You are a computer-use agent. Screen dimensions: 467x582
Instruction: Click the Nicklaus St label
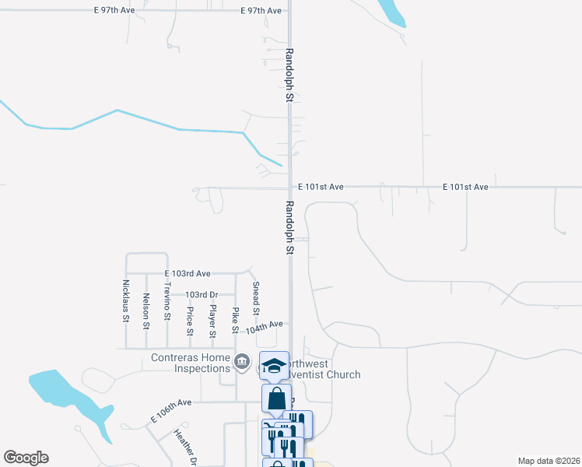pos(125,300)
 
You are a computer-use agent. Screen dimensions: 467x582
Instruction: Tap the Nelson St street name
pos(146,309)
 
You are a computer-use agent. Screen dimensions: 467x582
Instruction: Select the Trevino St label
pos(167,300)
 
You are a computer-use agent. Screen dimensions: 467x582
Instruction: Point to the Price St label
pos(190,321)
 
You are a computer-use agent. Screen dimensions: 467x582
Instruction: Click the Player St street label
pos(212,321)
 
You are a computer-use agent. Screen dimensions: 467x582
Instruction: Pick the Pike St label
pos(234,321)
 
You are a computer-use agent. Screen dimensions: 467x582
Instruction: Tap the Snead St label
pos(255,297)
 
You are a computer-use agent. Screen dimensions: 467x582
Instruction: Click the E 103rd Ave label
pos(188,274)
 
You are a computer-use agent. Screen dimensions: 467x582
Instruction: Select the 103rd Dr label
pos(201,295)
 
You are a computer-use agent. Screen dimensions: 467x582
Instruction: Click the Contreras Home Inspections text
pos(190,363)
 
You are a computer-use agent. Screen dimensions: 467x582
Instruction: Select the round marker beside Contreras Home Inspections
pos(242,363)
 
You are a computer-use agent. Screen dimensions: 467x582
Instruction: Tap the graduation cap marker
pos(275,365)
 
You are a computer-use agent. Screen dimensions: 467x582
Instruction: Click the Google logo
pos(26,458)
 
